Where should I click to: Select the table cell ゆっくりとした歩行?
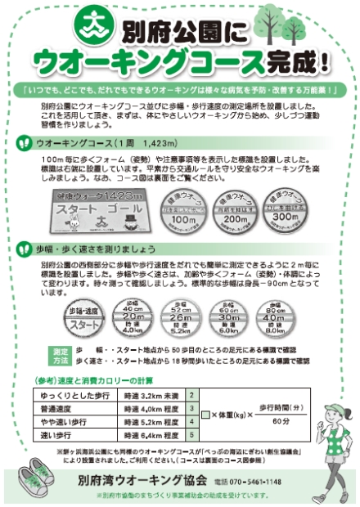pos(80,395)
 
